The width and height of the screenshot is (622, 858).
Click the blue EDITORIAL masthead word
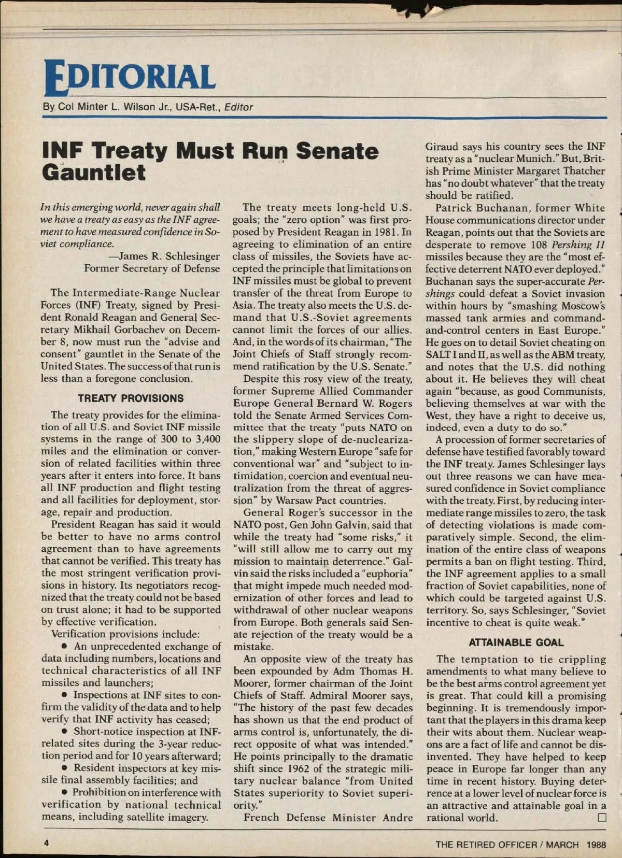point(130,78)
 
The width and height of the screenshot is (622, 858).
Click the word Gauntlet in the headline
point(94,173)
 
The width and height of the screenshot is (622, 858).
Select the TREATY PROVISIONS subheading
point(131,398)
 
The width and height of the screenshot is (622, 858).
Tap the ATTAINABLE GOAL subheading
point(516,642)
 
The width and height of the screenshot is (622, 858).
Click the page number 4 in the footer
point(46,843)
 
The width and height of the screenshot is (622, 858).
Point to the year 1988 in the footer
point(596,845)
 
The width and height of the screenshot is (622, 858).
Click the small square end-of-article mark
point(602,818)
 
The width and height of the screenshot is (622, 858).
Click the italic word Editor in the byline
point(238,107)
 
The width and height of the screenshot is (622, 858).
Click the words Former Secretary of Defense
point(152,268)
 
